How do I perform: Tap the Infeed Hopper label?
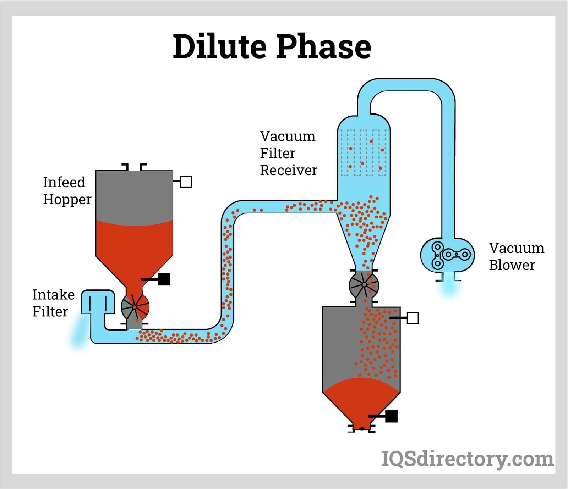[67, 191]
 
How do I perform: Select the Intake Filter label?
[53, 303]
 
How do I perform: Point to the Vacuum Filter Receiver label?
[288, 153]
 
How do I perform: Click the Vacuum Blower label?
[516, 256]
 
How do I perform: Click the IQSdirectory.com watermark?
[467, 459]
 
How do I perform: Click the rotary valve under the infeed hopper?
[135, 307]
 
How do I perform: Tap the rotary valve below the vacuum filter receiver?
[364, 284]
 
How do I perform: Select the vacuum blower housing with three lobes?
[447, 255]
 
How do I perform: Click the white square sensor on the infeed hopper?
[186, 182]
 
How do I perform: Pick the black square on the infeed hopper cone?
[164, 279]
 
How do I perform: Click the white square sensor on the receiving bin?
[413, 318]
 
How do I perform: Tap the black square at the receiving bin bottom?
[391, 416]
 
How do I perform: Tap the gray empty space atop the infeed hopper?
[134, 195]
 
